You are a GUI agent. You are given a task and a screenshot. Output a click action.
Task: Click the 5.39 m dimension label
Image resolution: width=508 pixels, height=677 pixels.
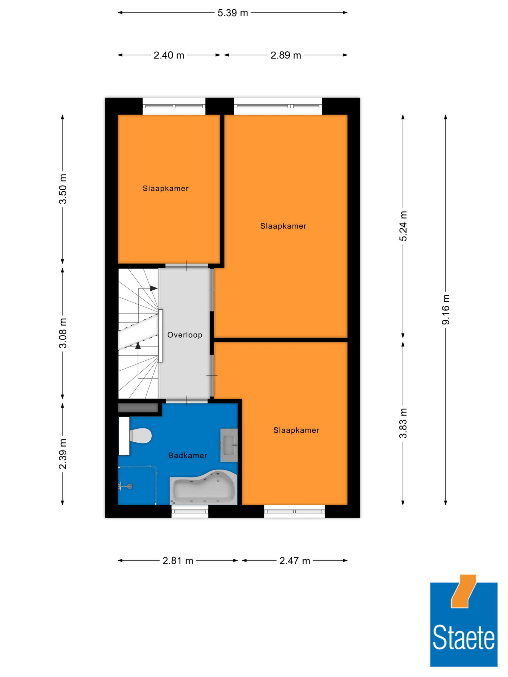233,13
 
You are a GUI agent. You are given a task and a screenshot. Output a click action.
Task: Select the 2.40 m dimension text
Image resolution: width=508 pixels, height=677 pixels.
169,55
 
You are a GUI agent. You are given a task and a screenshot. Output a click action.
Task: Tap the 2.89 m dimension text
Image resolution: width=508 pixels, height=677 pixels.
286,55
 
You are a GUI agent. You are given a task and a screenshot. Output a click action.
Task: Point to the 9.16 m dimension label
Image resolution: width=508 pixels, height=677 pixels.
446,309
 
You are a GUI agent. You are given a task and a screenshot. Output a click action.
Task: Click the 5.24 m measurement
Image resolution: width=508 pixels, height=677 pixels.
403,226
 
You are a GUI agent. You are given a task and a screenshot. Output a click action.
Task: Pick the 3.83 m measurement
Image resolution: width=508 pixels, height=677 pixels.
403,423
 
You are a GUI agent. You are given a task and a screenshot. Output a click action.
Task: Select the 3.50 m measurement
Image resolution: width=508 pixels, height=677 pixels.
63,189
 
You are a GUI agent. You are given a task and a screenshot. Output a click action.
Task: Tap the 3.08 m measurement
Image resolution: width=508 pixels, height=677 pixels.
63,333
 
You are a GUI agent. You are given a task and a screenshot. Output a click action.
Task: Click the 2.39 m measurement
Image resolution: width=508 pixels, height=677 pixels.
63,454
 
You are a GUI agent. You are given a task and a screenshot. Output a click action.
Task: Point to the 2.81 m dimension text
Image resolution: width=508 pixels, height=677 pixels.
178,561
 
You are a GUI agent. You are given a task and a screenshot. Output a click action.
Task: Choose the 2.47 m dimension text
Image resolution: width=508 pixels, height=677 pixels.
295,561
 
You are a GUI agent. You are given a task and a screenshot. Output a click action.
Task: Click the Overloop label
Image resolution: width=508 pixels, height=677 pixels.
185,335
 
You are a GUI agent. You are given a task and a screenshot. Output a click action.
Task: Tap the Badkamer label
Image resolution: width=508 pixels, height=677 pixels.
188,455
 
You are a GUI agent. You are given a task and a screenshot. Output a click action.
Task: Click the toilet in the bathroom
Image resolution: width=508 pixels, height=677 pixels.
141,436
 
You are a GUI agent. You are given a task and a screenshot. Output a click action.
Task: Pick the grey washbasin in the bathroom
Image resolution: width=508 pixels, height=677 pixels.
229,445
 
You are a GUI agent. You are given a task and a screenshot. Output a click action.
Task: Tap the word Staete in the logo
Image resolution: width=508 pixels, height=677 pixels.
464,637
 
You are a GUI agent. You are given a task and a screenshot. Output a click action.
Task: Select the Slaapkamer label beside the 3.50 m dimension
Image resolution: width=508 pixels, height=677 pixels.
165,188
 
